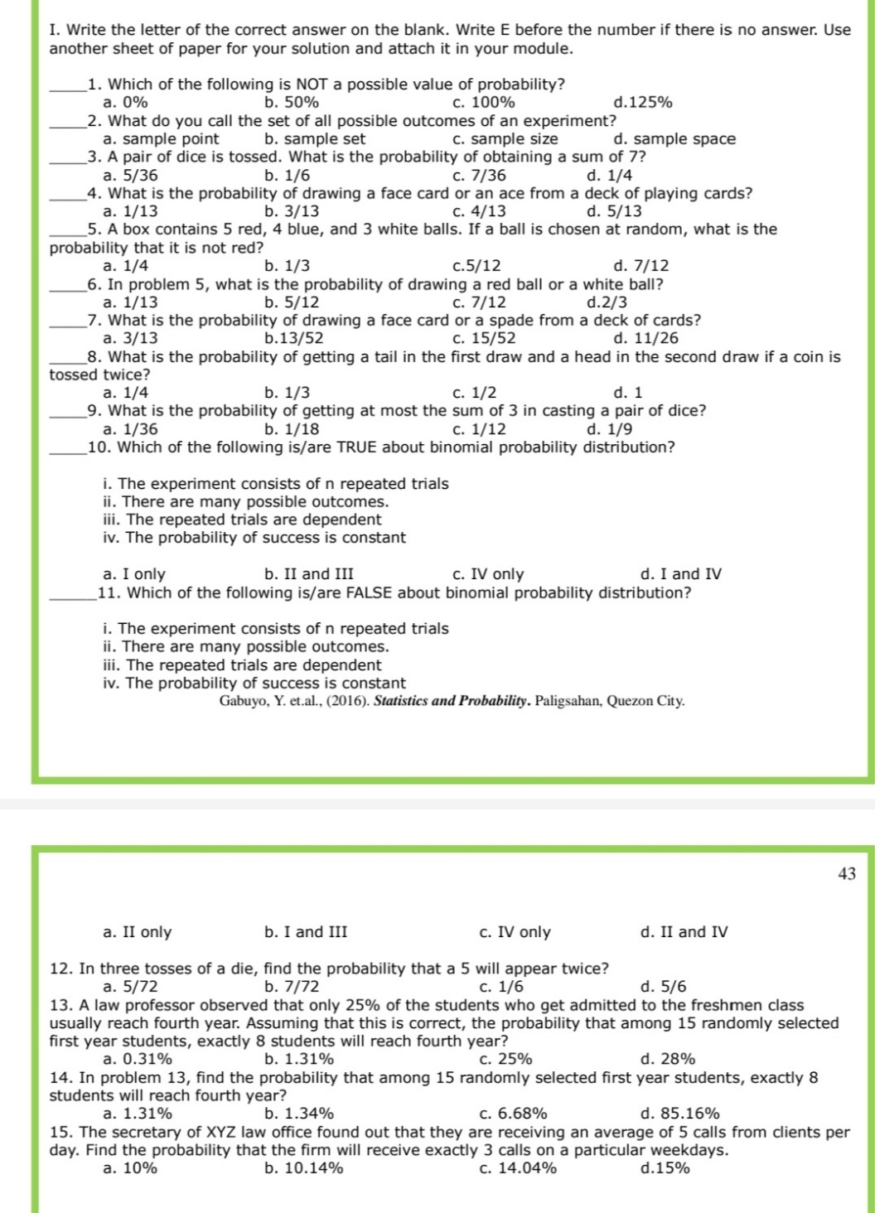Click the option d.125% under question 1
(x=642, y=103)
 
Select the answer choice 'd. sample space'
(x=674, y=139)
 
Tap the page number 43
(x=846, y=874)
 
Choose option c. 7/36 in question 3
(x=479, y=176)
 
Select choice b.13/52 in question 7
(x=293, y=338)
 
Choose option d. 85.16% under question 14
(x=679, y=1114)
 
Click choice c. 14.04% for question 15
(x=518, y=1168)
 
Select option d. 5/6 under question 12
(x=663, y=987)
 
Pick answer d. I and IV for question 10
(x=680, y=574)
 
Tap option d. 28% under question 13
(x=667, y=1059)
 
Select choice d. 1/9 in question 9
(x=608, y=429)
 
